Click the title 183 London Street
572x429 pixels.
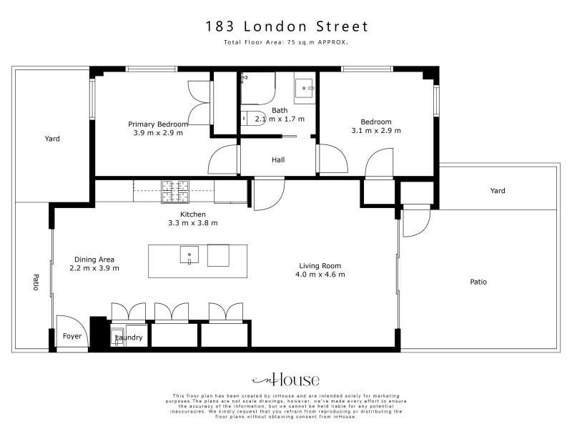pos(287,26)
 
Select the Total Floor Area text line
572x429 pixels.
pos(286,42)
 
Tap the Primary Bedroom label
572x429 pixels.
pos(158,124)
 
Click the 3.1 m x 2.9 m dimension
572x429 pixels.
pos(376,131)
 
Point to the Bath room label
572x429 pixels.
pos(280,110)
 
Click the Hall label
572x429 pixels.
pos(278,159)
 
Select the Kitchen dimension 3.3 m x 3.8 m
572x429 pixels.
pos(193,223)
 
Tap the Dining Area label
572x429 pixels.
pos(94,260)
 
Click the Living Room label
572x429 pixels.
pos(320,266)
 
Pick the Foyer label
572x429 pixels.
pos(72,336)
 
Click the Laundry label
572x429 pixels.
pos(129,337)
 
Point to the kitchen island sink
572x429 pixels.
pos(189,255)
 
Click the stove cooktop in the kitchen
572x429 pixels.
pos(175,192)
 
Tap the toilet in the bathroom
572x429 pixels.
pos(254,118)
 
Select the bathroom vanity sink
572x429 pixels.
pos(304,88)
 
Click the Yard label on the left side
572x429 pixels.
pos(52,139)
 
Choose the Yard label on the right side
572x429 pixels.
pos(498,190)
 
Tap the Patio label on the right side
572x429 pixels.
pos(478,282)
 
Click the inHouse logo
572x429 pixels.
pos(285,380)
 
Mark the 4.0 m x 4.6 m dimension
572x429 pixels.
pos(320,275)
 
